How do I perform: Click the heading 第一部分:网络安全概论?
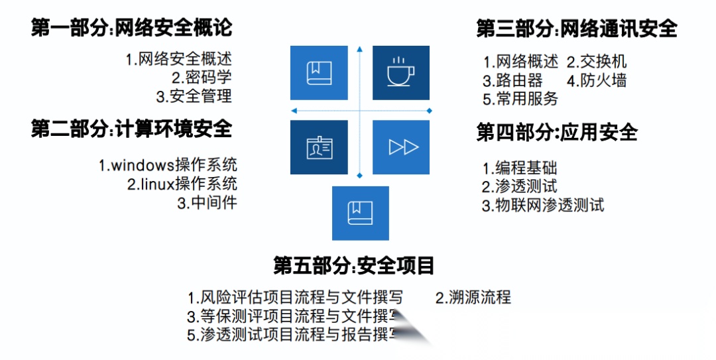(x=132, y=29)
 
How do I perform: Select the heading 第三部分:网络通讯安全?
(x=577, y=29)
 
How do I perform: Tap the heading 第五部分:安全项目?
(x=354, y=266)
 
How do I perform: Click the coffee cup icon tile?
(x=400, y=73)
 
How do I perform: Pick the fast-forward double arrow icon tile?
(x=400, y=147)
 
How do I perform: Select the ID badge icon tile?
(x=319, y=147)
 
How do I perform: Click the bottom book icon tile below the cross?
(x=360, y=213)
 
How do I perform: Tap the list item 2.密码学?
(x=202, y=78)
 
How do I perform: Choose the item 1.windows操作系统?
(x=168, y=165)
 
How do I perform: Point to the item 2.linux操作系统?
(x=182, y=184)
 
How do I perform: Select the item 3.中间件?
(x=207, y=203)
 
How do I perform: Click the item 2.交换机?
(x=596, y=62)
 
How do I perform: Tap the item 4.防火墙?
(x=596, y=81)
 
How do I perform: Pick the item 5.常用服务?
(x=520, y=99)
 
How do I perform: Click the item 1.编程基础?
(x=520, y=168)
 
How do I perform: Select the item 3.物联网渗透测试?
(x=543, y=205)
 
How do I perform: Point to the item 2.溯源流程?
(x=473, y=297)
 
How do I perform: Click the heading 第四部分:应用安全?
(x=557, y=133)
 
